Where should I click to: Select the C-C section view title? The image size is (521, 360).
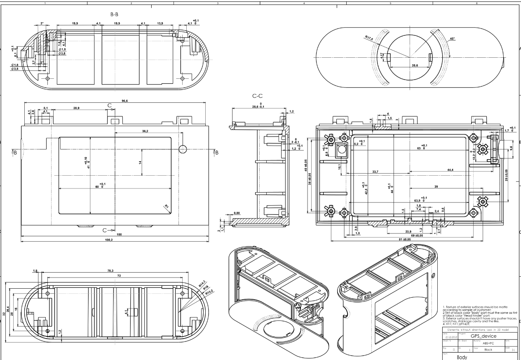tap(258, 96)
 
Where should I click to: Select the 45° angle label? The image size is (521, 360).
tap(452, 39)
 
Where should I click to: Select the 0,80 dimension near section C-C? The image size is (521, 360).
tap(237, 213)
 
